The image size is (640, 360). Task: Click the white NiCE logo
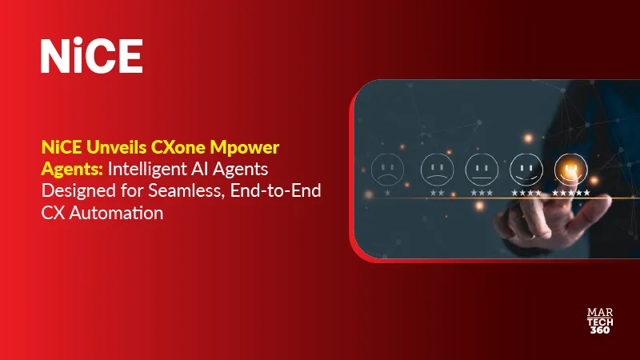[x=91, y=55]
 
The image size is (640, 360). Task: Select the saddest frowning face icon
[x=388, y=170]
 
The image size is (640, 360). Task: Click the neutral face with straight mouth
[x=480, y=168]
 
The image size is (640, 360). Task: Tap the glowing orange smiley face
[x=571, y=168]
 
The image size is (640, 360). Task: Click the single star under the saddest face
[x=388, y=193]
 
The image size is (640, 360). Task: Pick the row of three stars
[x=480, y=193]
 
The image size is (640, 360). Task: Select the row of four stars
[x=526, y=193]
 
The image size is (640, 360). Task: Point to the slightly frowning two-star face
[x=434, y=168]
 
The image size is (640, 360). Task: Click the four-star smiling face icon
[x=526, y=168]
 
